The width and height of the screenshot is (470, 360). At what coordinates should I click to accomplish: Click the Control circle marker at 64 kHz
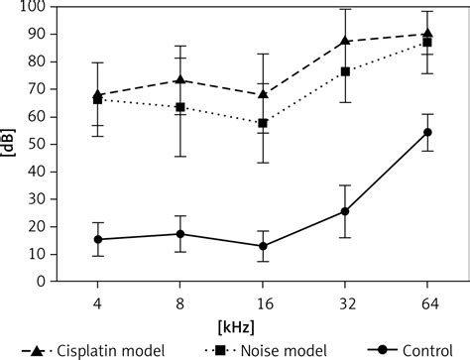pyautogui.click(x=427, y=132)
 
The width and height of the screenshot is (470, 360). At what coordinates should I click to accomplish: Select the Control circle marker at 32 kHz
pyautogui.click(x=345, y=211)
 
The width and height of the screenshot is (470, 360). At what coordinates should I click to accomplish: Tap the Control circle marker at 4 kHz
pyautogui.click(x=97, y=239)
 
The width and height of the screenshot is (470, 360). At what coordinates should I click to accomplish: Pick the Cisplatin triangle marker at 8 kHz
pyautogui.click(x=179, y=79)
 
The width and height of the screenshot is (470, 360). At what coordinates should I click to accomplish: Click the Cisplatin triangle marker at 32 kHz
pyautogui.click(x=345, y=41)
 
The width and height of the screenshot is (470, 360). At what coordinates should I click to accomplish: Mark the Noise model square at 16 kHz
pyautogui.click(x=262, y=123)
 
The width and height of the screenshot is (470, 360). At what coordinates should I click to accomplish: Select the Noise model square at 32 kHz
pyautogui.click(x=345, y=71)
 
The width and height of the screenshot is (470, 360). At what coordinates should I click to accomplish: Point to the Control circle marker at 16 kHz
pyautogui.click(x=262, y=246)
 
